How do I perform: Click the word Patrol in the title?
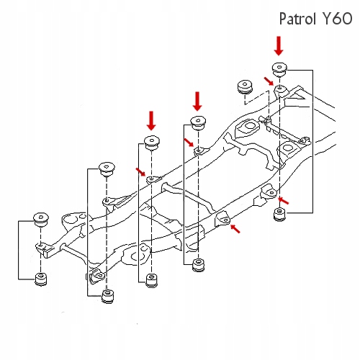(x=300, y=17)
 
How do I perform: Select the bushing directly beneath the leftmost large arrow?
(x=150, y=142)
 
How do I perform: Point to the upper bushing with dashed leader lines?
(x=245, y=88)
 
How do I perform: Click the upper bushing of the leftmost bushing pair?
(x=40, y=217)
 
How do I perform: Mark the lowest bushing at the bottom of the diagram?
(x=109, y=296)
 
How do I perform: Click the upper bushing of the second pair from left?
(x=108, y=168)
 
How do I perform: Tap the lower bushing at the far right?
(x=279, y=214)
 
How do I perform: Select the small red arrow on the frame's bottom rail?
(x=235, y=229)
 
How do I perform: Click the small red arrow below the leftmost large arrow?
(x=140, y=171)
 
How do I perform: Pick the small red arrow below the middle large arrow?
(x=189, y=143)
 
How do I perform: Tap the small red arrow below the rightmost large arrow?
(x=271, y=85)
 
